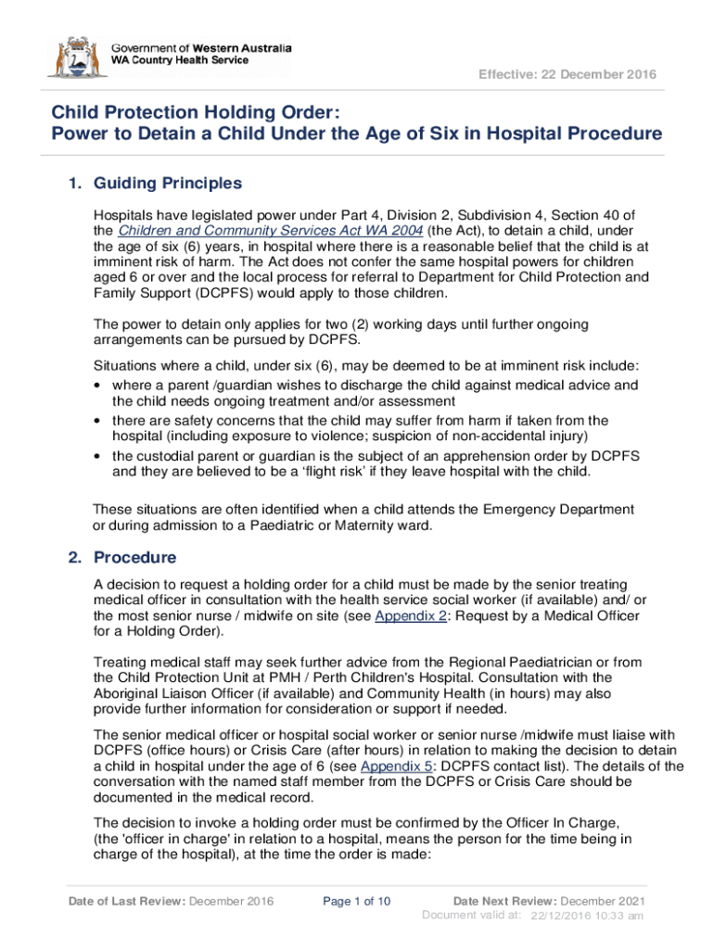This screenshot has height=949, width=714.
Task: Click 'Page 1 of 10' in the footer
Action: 357,901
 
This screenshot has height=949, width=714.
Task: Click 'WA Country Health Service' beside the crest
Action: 180,60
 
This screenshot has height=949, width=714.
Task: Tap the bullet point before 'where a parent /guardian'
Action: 98,385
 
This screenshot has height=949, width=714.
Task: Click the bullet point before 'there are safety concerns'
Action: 98,420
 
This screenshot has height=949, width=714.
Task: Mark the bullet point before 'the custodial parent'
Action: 98,456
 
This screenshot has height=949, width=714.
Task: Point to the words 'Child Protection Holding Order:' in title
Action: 197,113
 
